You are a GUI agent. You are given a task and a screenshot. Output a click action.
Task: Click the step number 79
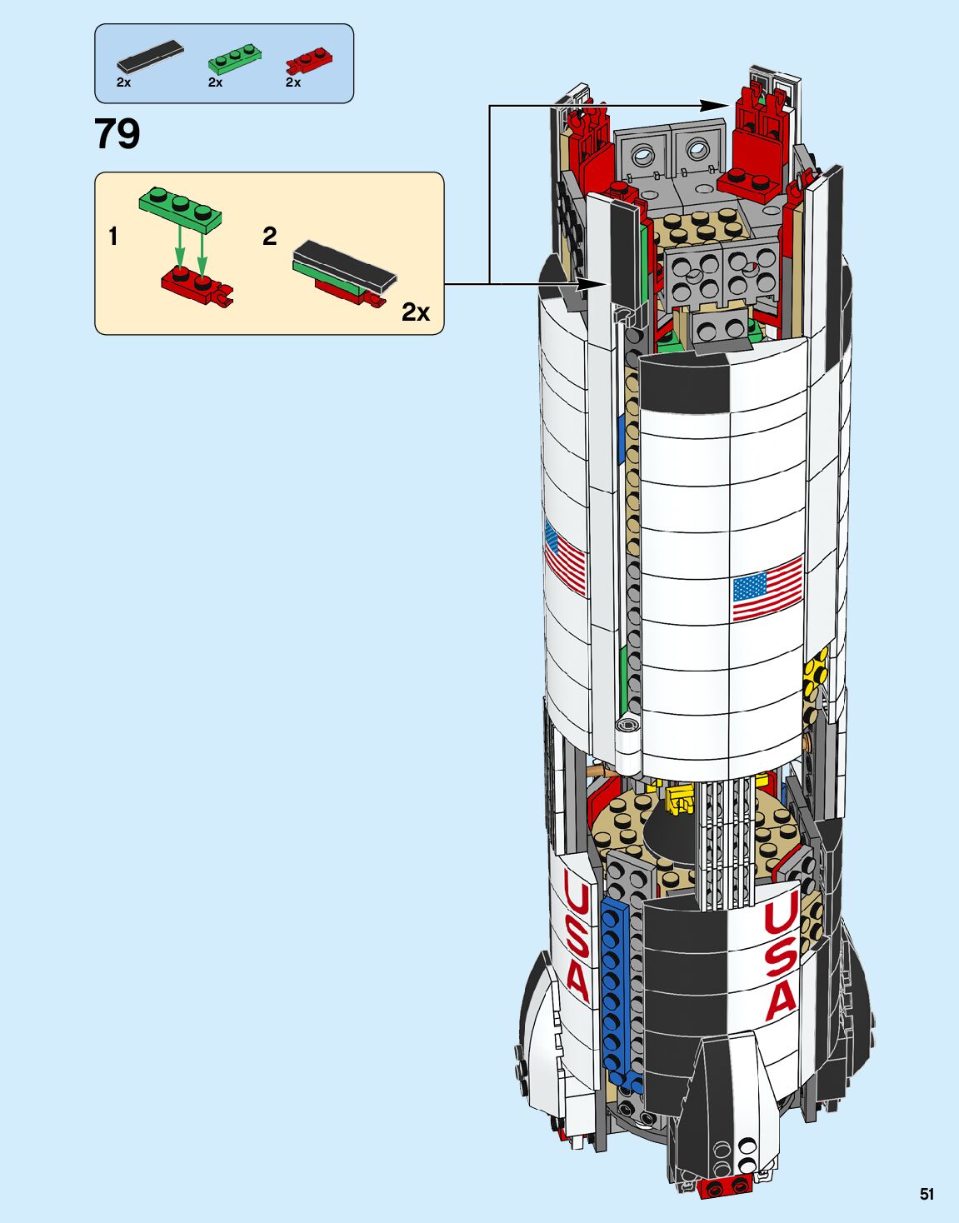click(x=117, y=135)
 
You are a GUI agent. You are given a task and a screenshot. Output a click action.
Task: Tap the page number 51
click(x=927, y=1194)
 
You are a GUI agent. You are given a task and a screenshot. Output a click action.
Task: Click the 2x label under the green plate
click(x=215, y=82)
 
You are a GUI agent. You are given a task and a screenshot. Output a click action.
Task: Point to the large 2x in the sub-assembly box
click(x=415, y=312)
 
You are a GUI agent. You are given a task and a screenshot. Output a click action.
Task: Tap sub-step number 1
click(x=113, y=237)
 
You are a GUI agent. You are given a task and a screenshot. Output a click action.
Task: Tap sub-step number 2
click(x=269, y=237)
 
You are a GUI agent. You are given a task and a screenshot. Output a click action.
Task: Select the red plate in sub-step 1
click(x=196, y=287)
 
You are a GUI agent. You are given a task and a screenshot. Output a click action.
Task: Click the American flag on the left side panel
click(x=564, y=557)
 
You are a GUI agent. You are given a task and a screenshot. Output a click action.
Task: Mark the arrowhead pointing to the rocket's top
click(x=716, y=105)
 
